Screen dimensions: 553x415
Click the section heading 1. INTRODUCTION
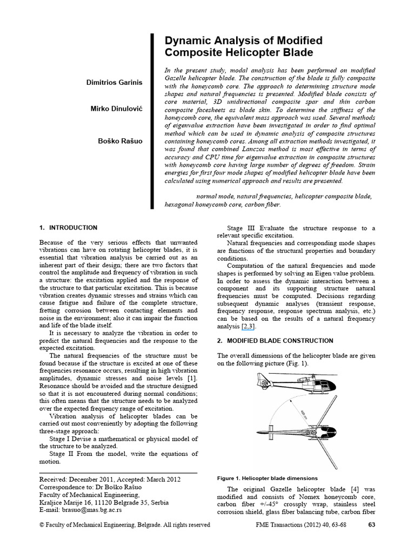click(x=69, y=228)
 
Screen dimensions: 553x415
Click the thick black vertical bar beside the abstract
click(x=153, y=121)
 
